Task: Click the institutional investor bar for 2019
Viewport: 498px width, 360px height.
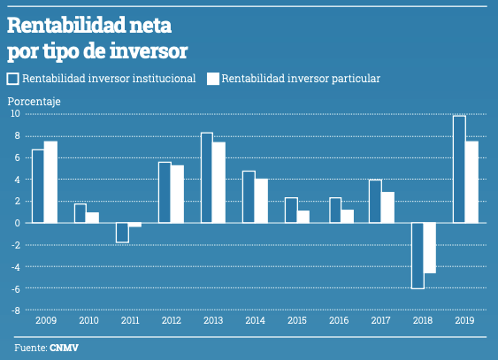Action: tap(459, 169)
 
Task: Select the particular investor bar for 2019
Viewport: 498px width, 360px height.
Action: tap(471, 181)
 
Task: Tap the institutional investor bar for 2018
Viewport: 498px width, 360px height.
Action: tap(417, 256)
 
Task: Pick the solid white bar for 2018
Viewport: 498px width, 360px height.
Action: tap(429, 248)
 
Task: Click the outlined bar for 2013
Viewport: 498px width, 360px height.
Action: tap(206, 178)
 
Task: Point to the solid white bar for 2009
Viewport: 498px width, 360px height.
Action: tap(50, 182)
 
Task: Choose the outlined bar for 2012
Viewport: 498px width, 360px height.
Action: tap(165, 192)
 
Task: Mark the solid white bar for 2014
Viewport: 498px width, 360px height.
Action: tap(261, 201)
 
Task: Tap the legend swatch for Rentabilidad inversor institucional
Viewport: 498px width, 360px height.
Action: tap(13, 79)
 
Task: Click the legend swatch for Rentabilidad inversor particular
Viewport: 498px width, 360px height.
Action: tap(212, 79)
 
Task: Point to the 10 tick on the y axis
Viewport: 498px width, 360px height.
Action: tap(15, 113)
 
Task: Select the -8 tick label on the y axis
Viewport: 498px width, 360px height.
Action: tap(15, 310)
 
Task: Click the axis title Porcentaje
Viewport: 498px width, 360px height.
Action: tap(34, 102)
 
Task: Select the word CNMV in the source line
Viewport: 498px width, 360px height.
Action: tap(64, 348)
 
